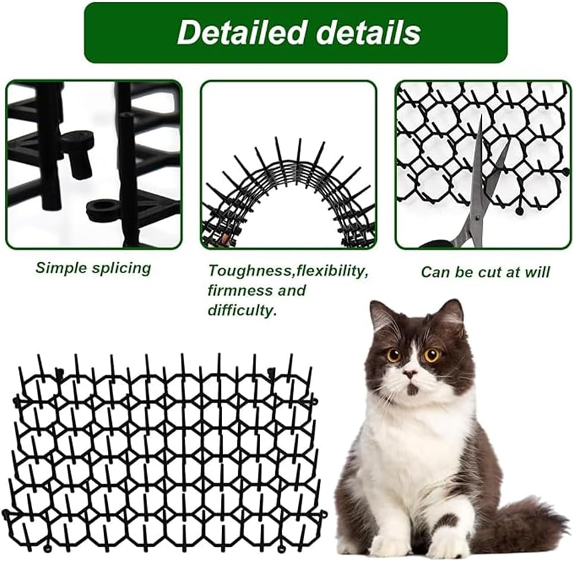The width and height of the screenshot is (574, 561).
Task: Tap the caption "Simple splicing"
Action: pos(93,268)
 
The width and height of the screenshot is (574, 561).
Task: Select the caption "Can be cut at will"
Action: pos(485,272)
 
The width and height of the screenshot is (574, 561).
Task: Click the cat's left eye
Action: pos(394,355)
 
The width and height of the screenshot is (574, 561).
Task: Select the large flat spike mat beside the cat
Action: pos(161,452)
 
